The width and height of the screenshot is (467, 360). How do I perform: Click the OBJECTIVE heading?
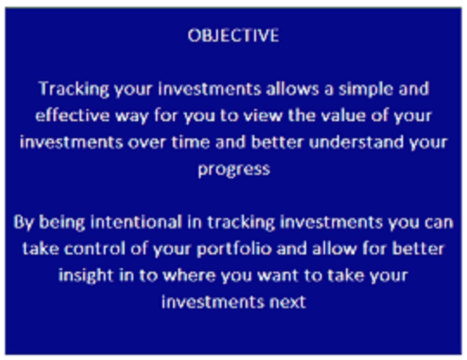[x=233, y=35]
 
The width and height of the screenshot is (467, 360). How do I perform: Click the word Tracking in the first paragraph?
[x=74, y=89]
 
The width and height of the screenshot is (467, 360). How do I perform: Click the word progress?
[x=234, y=170]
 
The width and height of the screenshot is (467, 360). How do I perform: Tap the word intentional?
[x=136, y=222]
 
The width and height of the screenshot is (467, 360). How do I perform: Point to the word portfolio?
[x=234, y=249]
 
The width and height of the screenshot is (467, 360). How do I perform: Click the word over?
[x=147, y=142]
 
